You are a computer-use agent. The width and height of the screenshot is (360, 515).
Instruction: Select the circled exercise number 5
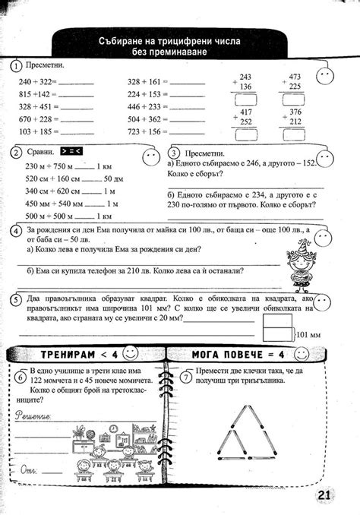pyautogui.click(x=16, y=301)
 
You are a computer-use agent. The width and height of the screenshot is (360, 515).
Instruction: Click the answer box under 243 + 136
pyautogui.click(x=245, y=98)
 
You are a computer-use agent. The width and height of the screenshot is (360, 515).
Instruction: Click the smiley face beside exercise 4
pyautogui.click(x=324, y=236)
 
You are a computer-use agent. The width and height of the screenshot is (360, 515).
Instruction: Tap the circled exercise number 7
pyautogui.click(x=186, y=377)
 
